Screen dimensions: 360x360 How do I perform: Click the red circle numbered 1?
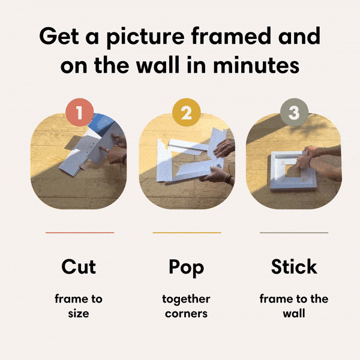click(x=80, y=112)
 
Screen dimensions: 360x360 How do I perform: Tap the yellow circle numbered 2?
click(x=187, y=112)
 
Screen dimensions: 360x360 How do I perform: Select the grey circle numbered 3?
click(x=294, y=112)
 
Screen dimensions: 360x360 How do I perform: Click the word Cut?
click(x=79, y=266)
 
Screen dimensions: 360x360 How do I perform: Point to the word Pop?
click(x=187, y=267)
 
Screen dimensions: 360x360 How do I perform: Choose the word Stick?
click(x=294, y=266)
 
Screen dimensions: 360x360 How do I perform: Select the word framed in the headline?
click(x=232, y=37)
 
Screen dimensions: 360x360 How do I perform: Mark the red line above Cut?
click(x=80, y=232)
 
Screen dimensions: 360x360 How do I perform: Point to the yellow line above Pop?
click(x=187, y=232)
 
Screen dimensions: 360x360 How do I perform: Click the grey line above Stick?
click(x=294, y=232)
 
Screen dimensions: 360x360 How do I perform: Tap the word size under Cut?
click(x=79, y=313)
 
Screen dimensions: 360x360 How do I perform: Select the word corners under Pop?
click(x=187, y=313)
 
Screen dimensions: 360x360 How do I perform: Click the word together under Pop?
click(x=187, y=299)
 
